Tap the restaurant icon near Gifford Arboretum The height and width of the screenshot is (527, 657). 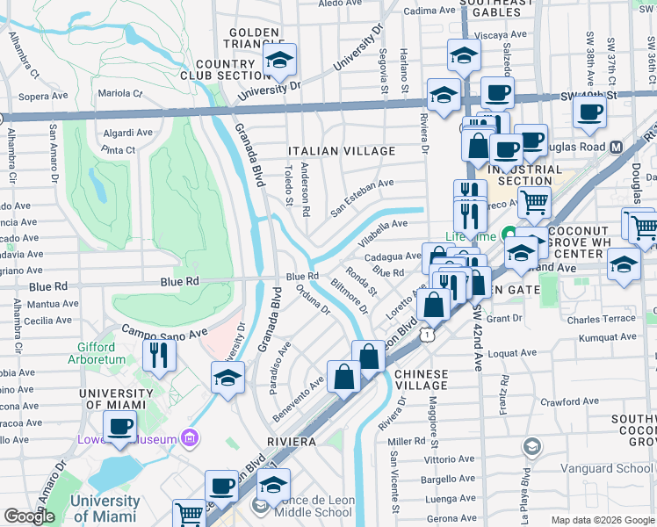tap(159, 355)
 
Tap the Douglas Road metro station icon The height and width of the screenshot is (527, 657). tap(616, 147)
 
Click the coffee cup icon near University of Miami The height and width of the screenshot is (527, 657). tap(119, 427)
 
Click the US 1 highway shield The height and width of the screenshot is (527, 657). tap(427, 335)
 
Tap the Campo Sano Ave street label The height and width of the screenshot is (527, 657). tap(164, 333)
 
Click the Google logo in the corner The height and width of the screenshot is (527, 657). tap(29, 516)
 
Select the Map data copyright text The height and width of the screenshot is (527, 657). tap(601, 520)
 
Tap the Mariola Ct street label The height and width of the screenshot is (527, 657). tap(119, 92)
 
